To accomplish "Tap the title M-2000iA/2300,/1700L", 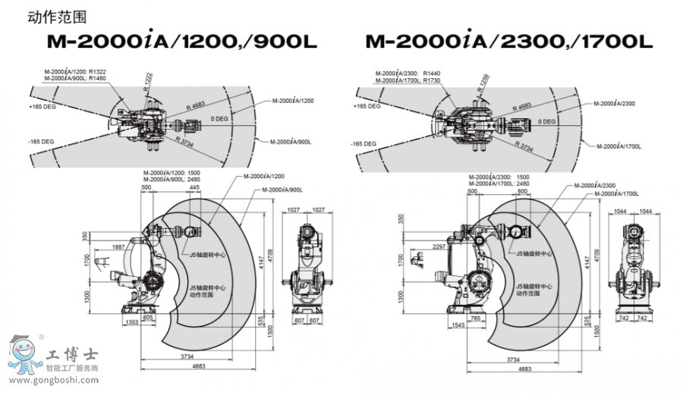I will point(508,42).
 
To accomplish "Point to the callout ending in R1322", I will point(75,71).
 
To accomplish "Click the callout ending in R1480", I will point(75,77).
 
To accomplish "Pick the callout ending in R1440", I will point(407,74).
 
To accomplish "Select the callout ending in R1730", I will point(407,80).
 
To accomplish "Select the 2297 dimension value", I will point(439,247).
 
